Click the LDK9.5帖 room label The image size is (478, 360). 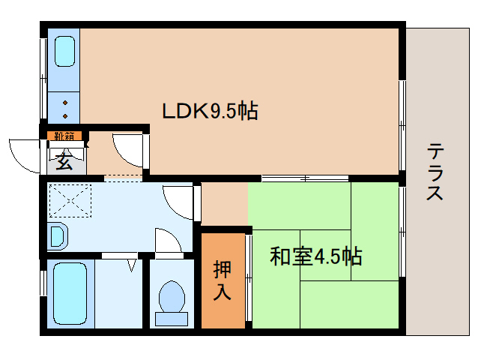pyautogui.click(x=210, y=110)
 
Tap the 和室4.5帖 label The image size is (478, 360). pyautogui.click(x=316, y=256)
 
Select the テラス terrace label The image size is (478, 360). pyautogui.click(x=435, y=172)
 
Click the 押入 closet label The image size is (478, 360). pyautogui.click(x=223, y=280)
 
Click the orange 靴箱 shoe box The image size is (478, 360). pyautogui.click(x=64, y=136)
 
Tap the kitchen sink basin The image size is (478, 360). pyautogui.click(x=64, y=51)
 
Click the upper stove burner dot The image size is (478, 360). pyautogui.click(x=65, y=103)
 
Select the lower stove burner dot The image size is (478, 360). pyautogui.click(x=65, y=116)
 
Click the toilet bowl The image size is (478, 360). pyautogui.click(x=172, y=296)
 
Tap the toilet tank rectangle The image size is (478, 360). pyautogui.click(x=172, y=319)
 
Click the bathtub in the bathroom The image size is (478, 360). pyautogui.click(x=70, y=293)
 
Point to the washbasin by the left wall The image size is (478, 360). pyautogui.click(x=58, y=237)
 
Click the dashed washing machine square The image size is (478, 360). pyautogui.click(x=70, y=201)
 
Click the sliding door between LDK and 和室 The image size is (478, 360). pyautogui.click(x=305, y=178)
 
